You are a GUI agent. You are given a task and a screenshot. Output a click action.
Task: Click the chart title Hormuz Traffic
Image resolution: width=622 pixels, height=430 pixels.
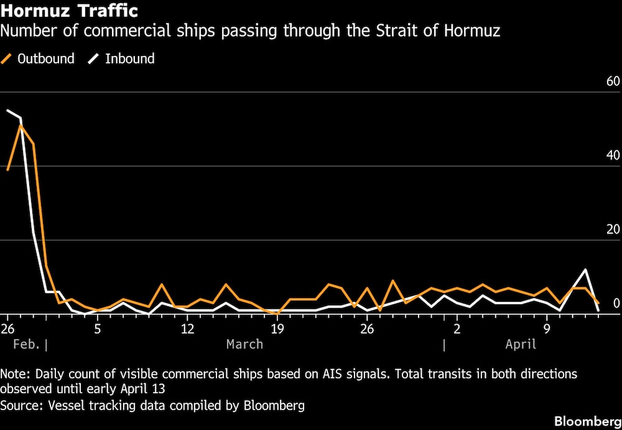(x=69, y=11)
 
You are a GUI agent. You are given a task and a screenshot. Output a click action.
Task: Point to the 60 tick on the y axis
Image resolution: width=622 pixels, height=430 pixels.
(x=613, y=82)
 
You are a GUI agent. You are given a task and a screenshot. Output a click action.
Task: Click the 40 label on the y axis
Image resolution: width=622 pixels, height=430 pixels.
(x=613, y=156)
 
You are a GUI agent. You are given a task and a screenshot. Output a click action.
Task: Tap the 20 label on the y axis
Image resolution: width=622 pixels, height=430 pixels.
(x=613, y=230)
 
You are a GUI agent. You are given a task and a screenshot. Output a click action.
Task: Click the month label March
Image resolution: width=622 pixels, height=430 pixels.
(x=244, y=344)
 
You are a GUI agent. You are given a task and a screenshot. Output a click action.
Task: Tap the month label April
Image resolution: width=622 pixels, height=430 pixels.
(x=521, y=344)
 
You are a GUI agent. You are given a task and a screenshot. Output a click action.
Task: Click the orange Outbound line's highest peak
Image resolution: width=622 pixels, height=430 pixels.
(x=21, y=126)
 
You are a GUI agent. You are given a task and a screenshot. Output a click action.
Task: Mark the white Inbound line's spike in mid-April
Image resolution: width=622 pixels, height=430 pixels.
(x=585, y=269)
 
